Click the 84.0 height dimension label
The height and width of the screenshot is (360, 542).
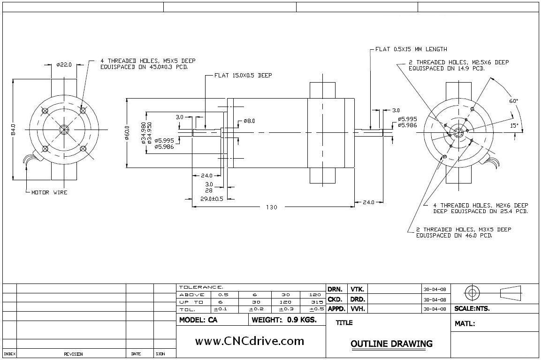pos(14,129)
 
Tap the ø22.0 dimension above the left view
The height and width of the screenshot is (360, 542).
pos(64,65)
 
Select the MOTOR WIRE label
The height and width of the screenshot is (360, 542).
pos(49,192)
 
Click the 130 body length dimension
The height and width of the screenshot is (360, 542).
pos(272,207)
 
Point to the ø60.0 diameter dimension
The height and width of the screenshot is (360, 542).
pos(127,132)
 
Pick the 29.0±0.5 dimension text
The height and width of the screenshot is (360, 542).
pos(212,199)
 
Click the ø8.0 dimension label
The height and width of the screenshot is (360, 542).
pos(249,121)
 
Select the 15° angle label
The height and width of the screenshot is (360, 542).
pos(514,125)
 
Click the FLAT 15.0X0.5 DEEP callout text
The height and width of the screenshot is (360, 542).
pos(243,75)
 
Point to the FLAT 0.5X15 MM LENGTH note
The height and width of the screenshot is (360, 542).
pos(411,49)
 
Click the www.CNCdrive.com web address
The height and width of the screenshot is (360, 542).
pos(249,341)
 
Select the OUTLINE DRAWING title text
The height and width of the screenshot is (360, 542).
pos(391,344)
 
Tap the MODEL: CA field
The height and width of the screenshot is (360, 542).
pos(198,320)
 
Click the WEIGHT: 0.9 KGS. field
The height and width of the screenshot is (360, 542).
pos(284,320)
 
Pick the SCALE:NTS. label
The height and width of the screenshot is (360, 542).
pos(472,309)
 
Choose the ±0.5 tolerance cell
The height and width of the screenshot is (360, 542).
pos(317,309)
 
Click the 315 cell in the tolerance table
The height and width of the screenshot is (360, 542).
pos(317,302)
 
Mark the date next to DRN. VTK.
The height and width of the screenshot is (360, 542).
pos(435,289)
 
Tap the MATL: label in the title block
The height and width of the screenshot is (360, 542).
pos(465,323)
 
